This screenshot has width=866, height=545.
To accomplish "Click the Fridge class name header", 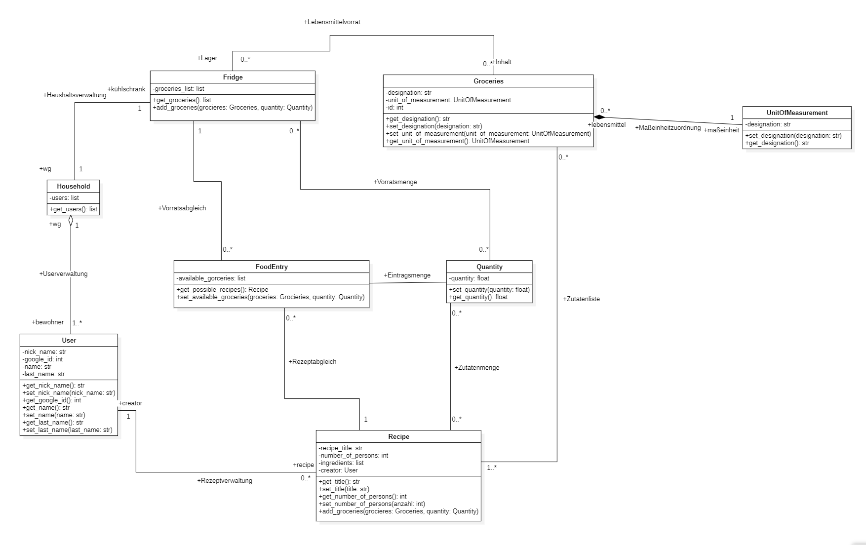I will click(x=233, y=77).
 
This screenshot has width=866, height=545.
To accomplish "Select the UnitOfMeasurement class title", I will click(x=797, y=113).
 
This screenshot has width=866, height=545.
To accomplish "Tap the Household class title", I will click(x=73, y=186).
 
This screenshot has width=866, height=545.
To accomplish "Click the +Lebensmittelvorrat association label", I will click(x=332, y=22).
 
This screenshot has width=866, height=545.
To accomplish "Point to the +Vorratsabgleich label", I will click(x=182, y=208).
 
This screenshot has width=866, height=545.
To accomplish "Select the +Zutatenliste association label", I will click(x=581, y=299).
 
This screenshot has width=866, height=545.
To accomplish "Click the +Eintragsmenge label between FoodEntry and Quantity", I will click(x=407, y=275).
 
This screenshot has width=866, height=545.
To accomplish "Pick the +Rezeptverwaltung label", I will click(x=224, y=481).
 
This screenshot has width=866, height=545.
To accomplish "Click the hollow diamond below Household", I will click(x=71, y=221).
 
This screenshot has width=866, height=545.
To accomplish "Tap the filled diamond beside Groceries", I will click(x=599, y=117).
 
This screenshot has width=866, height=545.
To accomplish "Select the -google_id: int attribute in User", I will click(x=42, y=359).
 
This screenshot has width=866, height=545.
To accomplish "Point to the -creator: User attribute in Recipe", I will click(x=338, y=470).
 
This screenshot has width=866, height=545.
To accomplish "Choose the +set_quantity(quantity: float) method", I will click(x=489, y=290).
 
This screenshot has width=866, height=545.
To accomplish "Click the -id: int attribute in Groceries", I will click(x=394, y=108).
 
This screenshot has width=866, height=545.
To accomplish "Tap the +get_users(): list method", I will click(x=73, y=209).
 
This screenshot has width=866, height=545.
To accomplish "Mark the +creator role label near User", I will click(x=130, y=403).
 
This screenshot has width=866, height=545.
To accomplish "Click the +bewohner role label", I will click(x=48, y=322).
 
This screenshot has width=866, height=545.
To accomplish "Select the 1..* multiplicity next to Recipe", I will click(x=491, y=467).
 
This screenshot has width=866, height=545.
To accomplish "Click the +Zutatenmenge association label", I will click(x=476, y=368).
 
